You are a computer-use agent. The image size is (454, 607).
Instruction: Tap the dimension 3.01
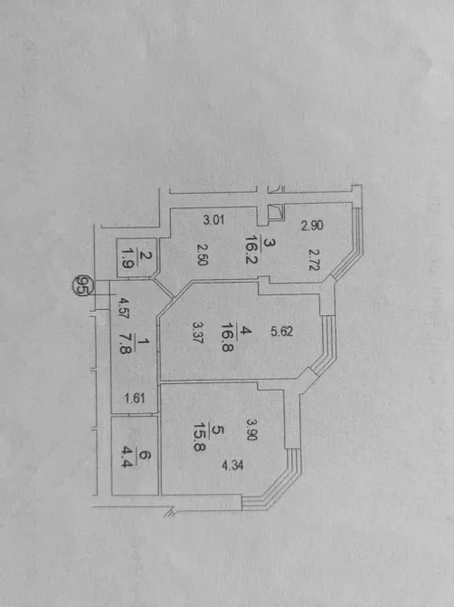tap(213, 220)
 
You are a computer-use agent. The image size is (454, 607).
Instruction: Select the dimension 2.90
tap(312, 226)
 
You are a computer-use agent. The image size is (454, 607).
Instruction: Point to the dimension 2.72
tap(313, 259)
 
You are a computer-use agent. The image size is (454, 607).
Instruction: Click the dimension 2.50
tap(202, 255)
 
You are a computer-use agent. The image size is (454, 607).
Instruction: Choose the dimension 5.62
tap(281, 332)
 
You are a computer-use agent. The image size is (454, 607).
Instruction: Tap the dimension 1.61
tap(135, 398)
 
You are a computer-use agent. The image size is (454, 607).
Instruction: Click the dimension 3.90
tap(251, 430)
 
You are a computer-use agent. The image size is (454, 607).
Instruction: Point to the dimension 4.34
tap(232, 465)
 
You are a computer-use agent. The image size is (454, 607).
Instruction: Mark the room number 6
tap(143, 456)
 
